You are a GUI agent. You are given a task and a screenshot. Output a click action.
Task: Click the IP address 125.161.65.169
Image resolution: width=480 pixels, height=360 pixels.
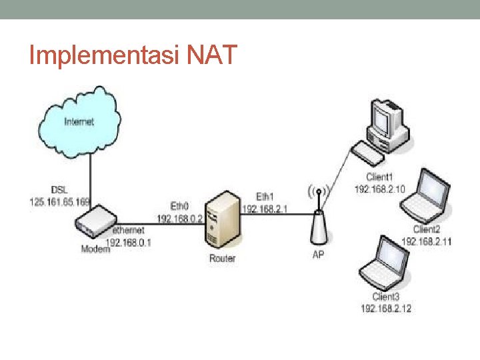point(60,201)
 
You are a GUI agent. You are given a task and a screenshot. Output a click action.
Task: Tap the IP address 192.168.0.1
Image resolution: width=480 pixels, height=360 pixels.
point(129,243)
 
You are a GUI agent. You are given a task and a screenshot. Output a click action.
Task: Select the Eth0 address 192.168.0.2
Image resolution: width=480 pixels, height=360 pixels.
point(180,218)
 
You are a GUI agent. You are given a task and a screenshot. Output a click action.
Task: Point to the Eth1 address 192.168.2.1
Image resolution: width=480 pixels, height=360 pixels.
point(265,209)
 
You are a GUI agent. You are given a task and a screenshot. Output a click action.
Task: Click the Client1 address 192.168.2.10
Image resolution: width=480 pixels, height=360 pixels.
point(379,189)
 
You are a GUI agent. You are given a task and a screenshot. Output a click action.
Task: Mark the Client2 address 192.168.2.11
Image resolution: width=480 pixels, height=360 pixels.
point(427,241)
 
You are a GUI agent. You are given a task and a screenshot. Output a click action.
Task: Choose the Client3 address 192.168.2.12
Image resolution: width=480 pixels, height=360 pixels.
point(386,308)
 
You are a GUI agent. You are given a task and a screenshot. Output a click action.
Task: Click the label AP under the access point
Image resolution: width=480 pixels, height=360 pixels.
point(319,255)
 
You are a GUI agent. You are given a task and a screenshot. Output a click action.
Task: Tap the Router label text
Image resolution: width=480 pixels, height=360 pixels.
point(222,258)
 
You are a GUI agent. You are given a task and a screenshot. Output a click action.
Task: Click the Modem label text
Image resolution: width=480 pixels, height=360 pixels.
point(95,249)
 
